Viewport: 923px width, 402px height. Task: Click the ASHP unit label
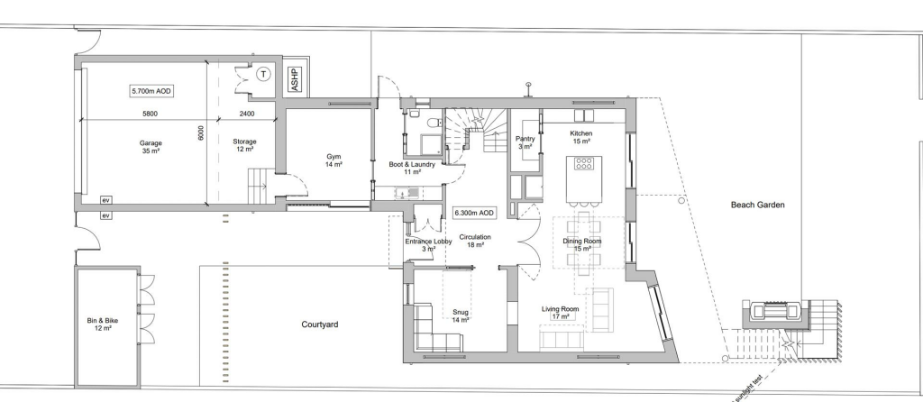296,79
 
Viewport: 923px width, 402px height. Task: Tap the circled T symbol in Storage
264,74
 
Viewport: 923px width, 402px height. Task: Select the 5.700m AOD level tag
152,91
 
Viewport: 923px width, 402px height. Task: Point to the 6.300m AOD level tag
474,213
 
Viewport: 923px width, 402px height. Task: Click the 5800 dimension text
151,114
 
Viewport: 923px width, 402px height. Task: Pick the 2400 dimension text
247,114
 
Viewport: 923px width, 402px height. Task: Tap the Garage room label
151,147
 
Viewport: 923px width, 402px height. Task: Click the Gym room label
334,160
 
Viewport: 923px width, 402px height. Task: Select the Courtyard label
320,324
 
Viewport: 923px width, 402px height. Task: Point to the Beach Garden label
757,205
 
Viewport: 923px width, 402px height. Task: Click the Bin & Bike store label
103,324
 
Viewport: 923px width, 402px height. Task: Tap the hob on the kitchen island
584,163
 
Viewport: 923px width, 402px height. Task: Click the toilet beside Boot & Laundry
434,123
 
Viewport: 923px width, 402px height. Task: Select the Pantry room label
525,142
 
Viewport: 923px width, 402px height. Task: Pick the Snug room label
461,316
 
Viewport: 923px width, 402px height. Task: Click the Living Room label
561,313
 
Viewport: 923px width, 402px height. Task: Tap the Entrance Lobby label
428,245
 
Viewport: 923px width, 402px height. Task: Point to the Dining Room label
582,245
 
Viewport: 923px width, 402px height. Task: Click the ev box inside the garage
106,200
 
